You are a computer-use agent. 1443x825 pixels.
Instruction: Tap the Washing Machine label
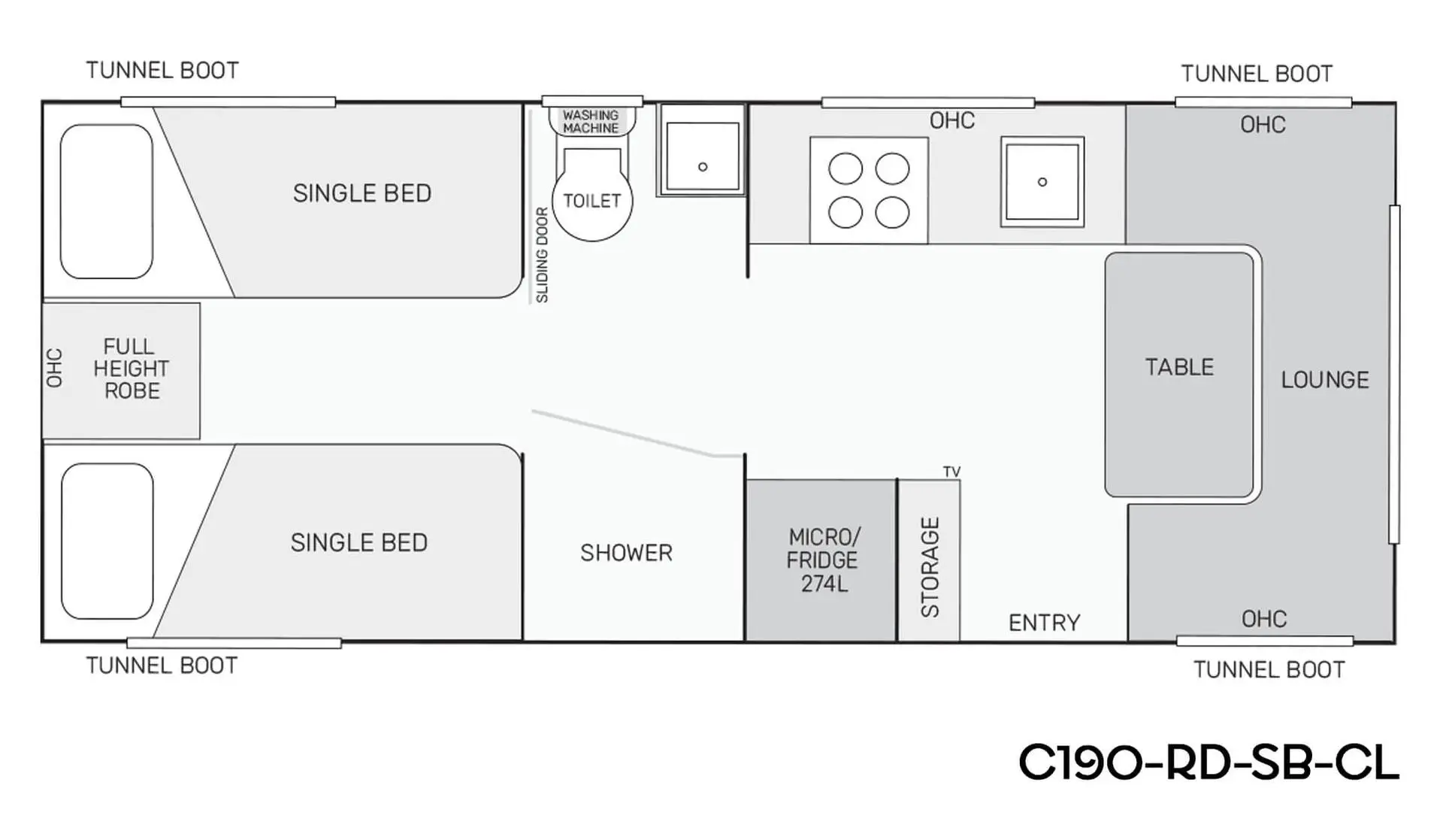[x=591, y=122]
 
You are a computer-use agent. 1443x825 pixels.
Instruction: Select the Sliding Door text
[x=542, y=255]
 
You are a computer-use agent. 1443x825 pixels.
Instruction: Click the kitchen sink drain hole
[x=1042, y=182]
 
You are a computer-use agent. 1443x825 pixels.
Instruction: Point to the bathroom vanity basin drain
[x=703, y=167]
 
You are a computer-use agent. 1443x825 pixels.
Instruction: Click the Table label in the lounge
[x=1179, y=367]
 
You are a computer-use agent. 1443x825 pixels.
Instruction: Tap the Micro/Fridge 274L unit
[x=821, y=560]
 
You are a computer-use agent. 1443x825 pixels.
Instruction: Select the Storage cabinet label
[x=930, y=567]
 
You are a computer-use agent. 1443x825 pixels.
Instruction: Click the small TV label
[x=951, y=472]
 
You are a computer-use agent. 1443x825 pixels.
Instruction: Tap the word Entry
[x=1044, y=623]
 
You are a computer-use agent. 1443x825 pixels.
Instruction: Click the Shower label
[x=626, y=553]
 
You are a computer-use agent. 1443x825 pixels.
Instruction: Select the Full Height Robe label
[x=131, y=369]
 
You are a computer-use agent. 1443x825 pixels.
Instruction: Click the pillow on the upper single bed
[x=107, y=202]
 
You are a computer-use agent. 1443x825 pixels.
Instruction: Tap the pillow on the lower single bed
[x=107, y=541]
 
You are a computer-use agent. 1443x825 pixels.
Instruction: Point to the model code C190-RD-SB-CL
[x=1209, y=763]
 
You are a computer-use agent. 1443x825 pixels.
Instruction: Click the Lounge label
[x=1325, y=380]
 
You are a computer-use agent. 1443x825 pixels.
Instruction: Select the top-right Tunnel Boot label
[x=1257, y=74]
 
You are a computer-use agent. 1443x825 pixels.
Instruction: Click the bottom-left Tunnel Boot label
[x=162, y=666]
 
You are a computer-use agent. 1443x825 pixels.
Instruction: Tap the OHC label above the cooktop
[x=952, y=120]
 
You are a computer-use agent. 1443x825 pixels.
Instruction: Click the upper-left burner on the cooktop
[x=846, y=168]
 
